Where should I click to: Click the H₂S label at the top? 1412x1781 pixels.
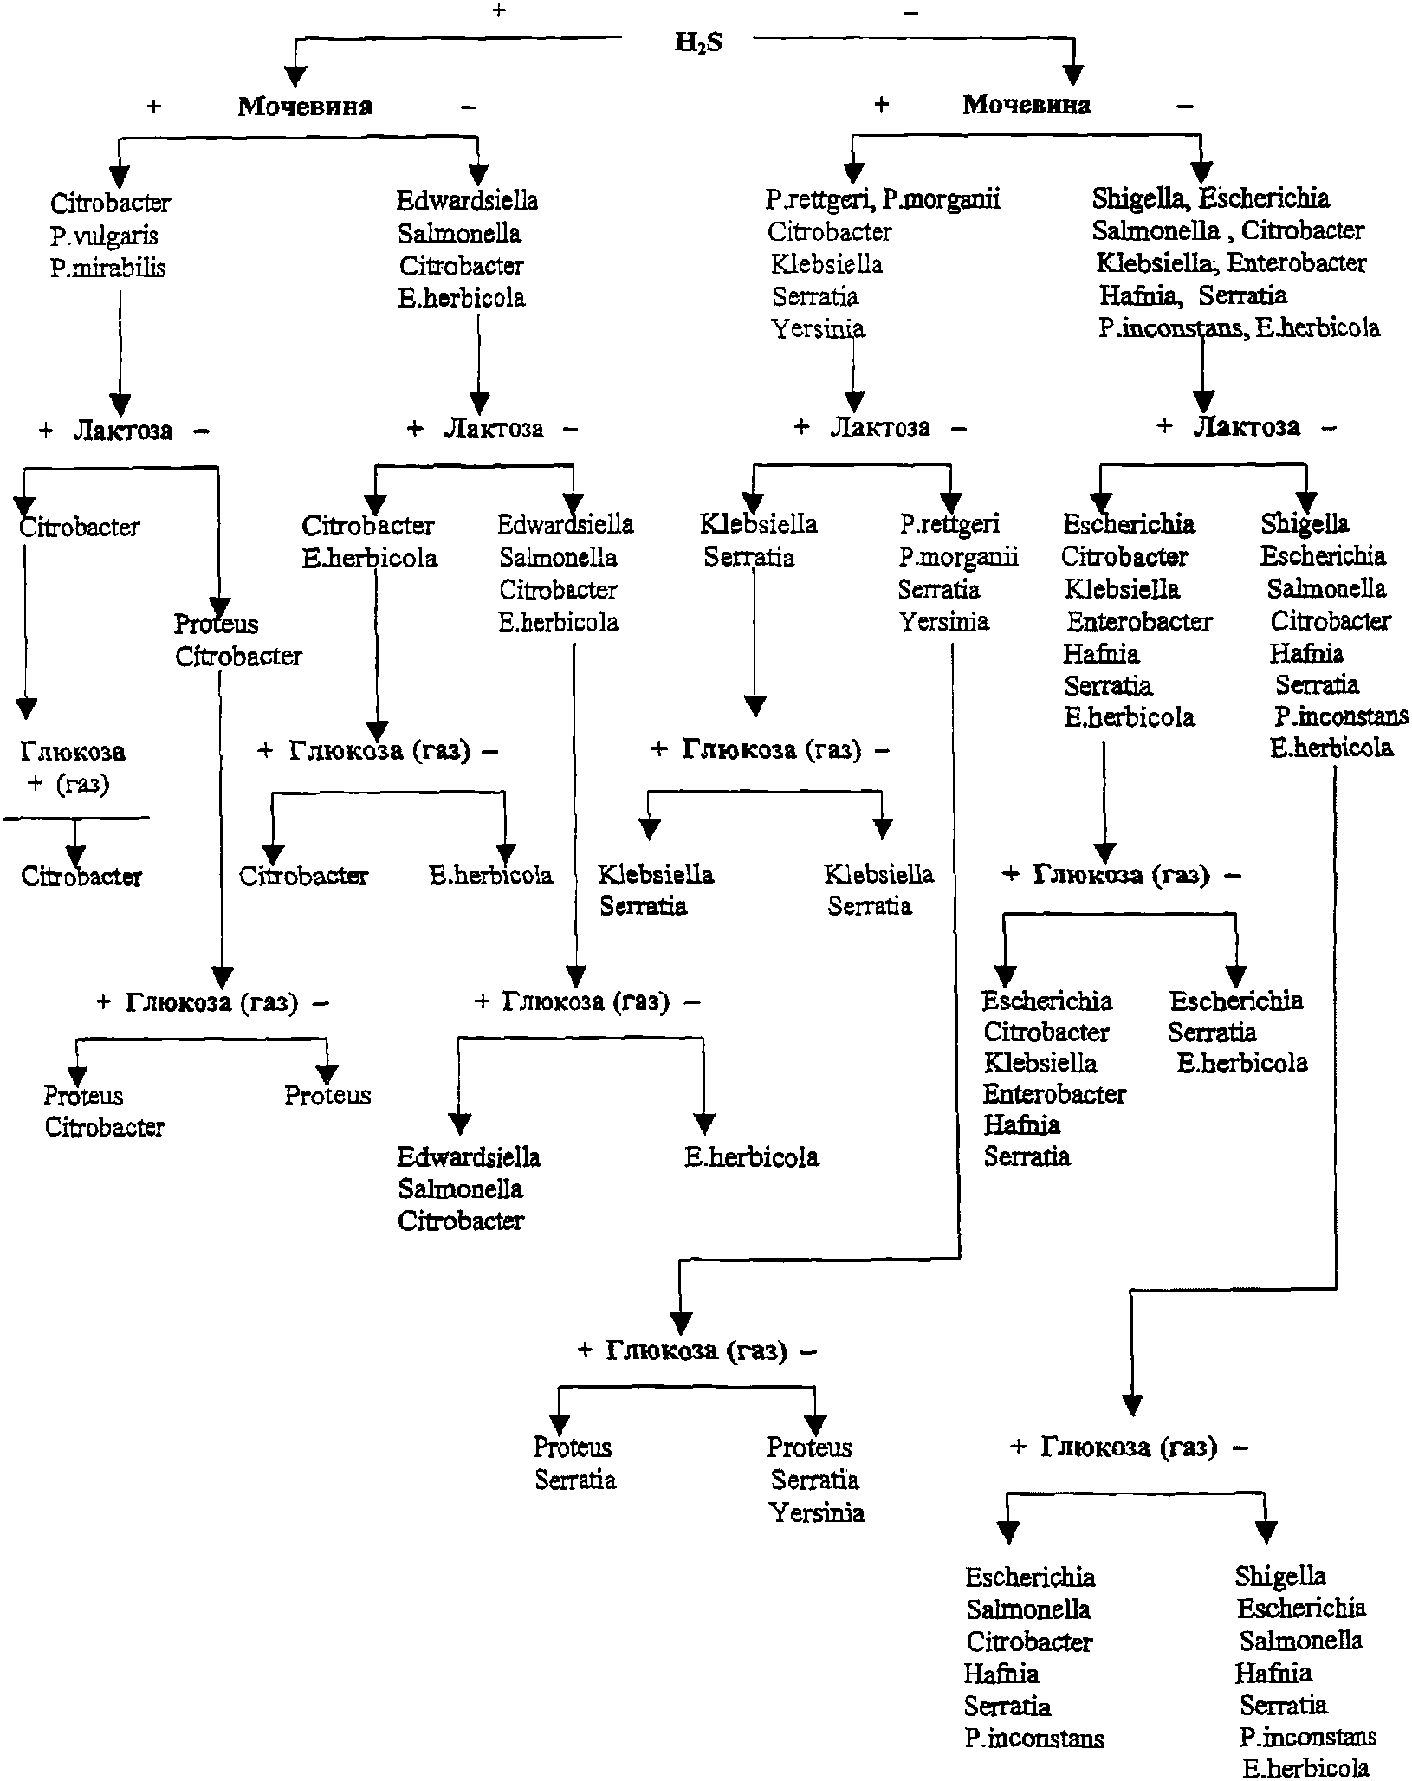tap(698, 42)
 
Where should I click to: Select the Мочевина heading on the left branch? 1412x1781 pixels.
tap(305, 106)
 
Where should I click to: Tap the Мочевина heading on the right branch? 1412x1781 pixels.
tap(1027, 105)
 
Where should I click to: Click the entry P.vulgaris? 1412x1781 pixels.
tap(104, 236)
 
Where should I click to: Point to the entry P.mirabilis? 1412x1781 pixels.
tap(107, 268)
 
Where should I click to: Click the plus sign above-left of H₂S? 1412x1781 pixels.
tap(498, 11)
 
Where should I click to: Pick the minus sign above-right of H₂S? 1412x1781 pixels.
tap(910, 13)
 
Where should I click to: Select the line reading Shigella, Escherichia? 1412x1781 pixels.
tap(1210, 198)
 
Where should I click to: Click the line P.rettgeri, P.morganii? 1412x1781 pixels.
tap(883, 199)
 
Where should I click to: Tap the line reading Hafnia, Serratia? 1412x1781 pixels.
tap(1193, 295)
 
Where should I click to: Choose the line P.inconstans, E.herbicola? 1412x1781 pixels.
tap(1239, 328)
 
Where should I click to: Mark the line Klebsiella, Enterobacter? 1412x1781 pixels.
tap(1231, 262)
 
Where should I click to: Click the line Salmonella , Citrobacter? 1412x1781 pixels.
tap(1227, 230)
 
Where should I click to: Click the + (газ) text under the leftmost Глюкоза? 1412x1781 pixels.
tap(68, 784)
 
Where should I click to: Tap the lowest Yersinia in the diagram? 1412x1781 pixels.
tap(816, 1512)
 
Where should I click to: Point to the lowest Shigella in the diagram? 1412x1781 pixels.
tap(1280, 1577)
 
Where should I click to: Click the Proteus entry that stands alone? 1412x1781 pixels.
tap(327, 1095)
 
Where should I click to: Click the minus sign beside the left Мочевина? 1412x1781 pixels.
tap(469, 107)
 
